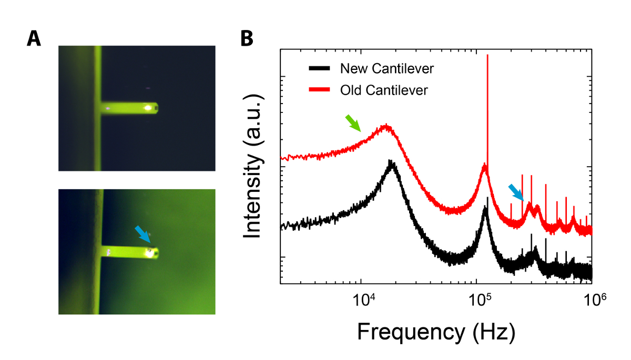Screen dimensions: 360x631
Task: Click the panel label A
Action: (34, 38)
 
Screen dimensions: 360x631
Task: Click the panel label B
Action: (248, 38)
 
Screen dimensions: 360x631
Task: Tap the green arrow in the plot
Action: (353, 123)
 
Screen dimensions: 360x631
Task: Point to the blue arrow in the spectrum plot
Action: (516, 192)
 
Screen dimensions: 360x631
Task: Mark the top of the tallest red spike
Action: (488, 55)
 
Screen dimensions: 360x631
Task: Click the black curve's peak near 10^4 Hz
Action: (391, 161)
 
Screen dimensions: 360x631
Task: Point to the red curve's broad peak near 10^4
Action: (387, 126)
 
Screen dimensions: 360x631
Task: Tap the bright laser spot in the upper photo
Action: (148, 108)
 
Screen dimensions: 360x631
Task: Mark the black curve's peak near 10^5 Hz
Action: (486, 208)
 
